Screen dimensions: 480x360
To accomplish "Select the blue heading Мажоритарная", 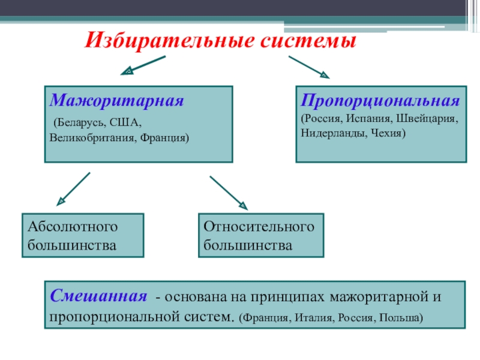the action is point(116,100).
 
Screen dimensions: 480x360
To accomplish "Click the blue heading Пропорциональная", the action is point(380,101).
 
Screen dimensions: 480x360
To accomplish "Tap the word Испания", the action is point(369,118).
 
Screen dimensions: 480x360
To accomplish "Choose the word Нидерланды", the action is point(334,133).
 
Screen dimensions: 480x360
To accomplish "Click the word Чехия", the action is point(386,133).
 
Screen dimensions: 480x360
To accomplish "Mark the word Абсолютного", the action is point(73,227).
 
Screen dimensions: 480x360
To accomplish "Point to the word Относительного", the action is point(259,227).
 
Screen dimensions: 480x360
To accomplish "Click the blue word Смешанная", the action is point(98,296).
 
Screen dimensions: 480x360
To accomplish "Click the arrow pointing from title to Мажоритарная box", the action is point(143,65).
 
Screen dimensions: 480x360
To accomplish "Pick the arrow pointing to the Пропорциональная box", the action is point(309,67).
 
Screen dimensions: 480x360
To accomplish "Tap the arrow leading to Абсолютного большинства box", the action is point(73,189).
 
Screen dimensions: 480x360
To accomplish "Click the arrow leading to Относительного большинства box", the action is point(229,193).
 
